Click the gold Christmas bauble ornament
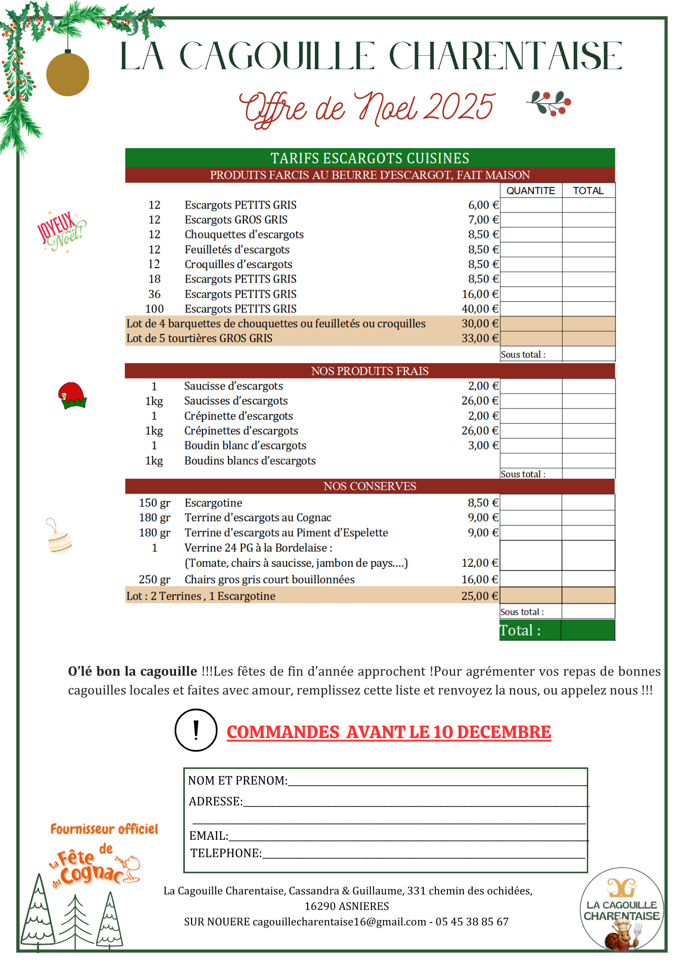(x=68, y=75)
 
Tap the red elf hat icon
(x=72, y=395)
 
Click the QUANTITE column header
(x=531, y=191)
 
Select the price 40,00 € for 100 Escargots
(x=480, y=309)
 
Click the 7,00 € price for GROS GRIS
(x=483, y=220)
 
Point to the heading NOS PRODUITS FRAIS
(x=370, y=371)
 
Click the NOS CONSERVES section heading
(x=370, y=486)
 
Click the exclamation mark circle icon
(x=196, y=730)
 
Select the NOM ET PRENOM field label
(x=238, y=781)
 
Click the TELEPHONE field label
(x=226, y=853)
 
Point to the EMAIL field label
(x=208, y=836)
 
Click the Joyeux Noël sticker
(x=61, y=231)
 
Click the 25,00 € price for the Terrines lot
(x=479, y=596)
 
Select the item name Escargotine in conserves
(x=213, y=503)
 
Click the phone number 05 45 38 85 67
(x=472, y=922)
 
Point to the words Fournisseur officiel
(x=104, y=830)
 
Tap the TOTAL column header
(x=588, y=191)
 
